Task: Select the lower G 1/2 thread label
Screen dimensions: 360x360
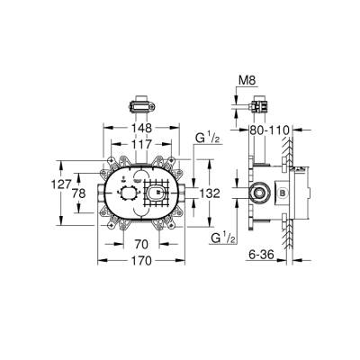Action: point(220,238)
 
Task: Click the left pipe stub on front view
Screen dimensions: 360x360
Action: point(98,192)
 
